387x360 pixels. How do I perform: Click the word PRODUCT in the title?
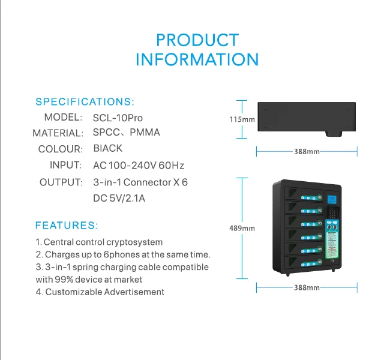click(197, 40)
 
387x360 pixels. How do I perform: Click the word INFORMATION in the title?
click(197, 60)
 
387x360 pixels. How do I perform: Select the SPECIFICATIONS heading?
click(85, 101)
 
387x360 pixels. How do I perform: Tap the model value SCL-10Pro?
click(118, 117)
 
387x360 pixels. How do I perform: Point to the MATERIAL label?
click(58, 133)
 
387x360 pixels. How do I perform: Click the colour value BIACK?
click(108, 148)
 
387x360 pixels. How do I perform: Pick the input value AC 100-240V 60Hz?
click(139, 165)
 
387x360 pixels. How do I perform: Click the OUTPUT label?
click(61, 182)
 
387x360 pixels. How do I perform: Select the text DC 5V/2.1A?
click(119, 197)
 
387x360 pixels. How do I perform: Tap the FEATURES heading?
click(67, 226)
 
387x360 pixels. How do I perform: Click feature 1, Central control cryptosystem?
click(99, 242)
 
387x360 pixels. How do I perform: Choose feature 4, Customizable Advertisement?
click(100, 292)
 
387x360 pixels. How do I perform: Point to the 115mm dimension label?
click(242, 119)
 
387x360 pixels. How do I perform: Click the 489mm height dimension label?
click(242, 228)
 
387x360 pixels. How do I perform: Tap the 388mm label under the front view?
click(307, 288)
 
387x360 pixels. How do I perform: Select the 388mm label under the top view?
click(307, 151)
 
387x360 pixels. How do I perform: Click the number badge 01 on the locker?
click(319, 197)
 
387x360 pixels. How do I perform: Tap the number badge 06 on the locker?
click(319, 262)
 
